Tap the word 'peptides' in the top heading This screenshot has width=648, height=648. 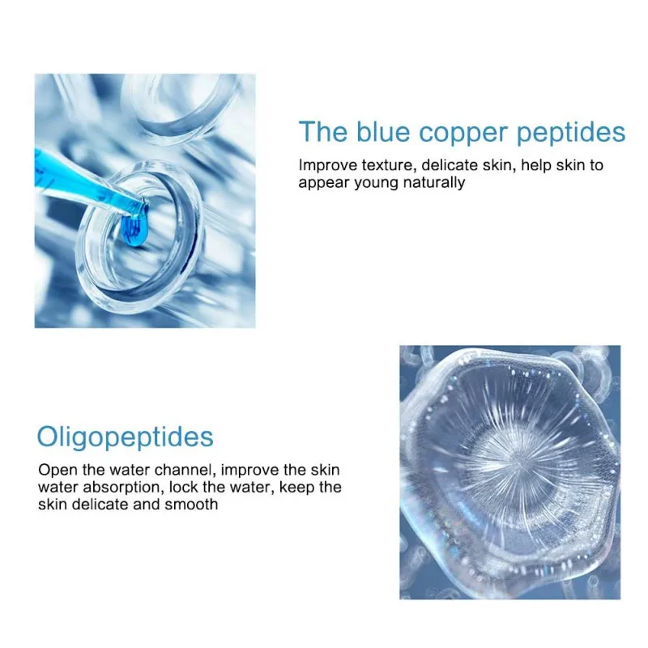tap(571, 133)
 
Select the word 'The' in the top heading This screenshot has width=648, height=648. tap(323, 131)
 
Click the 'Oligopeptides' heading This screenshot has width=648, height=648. tap(126, 437)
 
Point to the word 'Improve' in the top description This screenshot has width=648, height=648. tap(328, 165)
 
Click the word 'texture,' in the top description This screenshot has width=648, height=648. tap(387, 165)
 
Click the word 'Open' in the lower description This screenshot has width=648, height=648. tap(58, 471)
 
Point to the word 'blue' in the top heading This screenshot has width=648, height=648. tap(383, 131)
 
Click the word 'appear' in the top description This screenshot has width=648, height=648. tap(324, 184)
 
